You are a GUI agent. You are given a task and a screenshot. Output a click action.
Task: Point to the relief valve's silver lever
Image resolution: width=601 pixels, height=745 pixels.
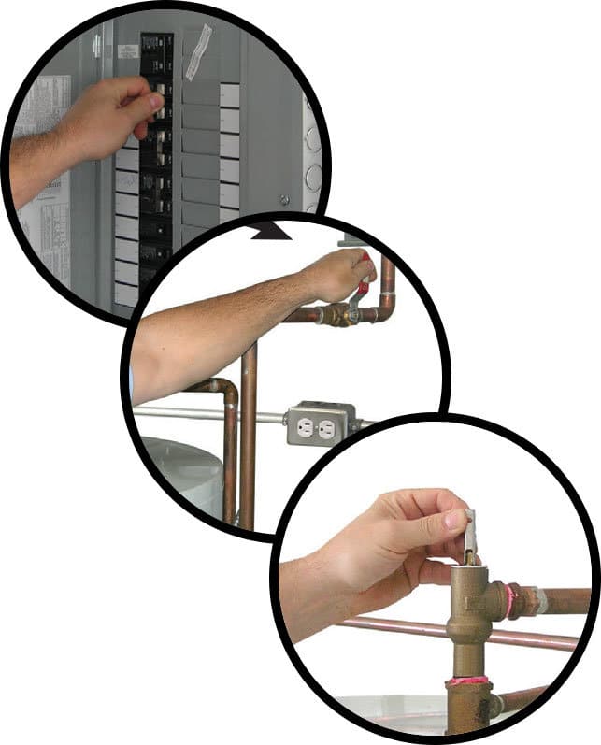pos(470,532)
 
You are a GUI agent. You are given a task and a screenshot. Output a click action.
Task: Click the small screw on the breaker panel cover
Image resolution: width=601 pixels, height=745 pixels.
pos(283,198)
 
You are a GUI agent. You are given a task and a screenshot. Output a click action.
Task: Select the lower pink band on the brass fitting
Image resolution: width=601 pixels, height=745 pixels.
pos(467,688)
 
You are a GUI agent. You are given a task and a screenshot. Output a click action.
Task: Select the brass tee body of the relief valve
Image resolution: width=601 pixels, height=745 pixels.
pos(472,608)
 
